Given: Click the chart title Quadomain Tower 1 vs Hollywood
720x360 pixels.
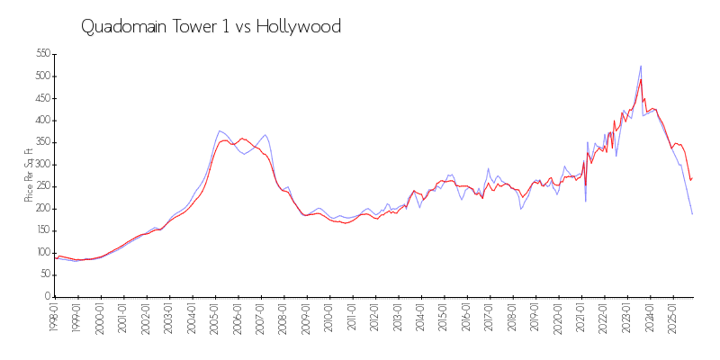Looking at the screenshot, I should tap(211, 27).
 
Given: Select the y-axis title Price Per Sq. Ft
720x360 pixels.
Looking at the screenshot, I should tap(29, 175).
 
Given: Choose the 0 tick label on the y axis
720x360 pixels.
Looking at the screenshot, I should tap(46, 297).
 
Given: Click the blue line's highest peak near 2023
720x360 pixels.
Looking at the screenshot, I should tap(641, 66).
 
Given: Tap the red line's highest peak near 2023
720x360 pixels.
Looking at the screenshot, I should tap(641, 79).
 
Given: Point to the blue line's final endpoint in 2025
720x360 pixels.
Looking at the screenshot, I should tap(692, 214).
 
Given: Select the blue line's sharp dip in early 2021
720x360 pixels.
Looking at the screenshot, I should tap(586, 202).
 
